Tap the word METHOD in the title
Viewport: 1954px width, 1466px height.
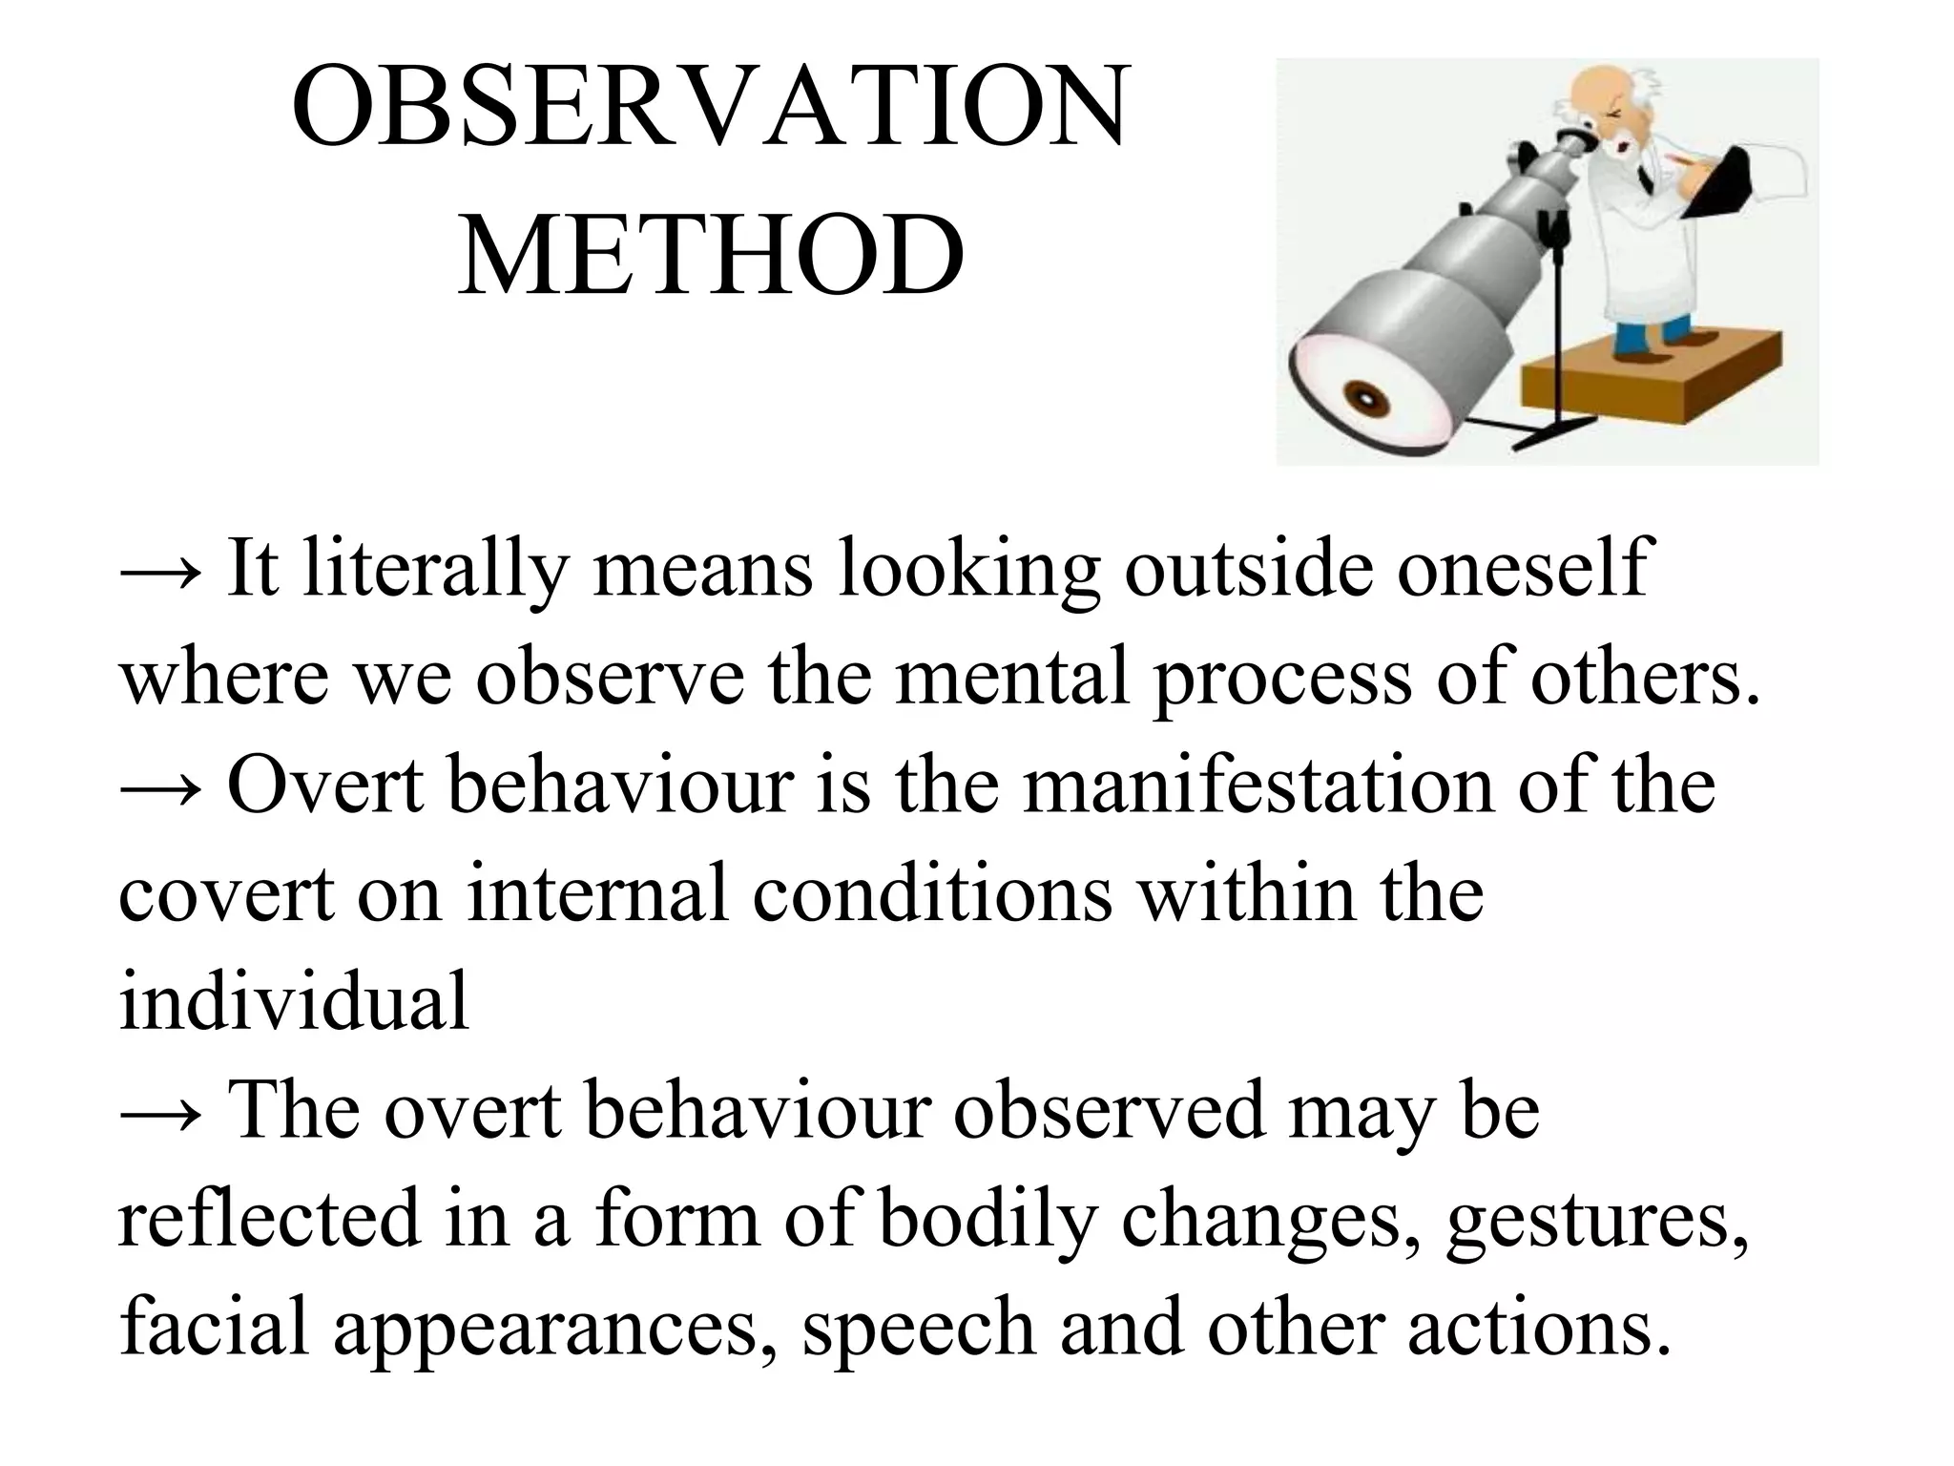(x=711, y=256)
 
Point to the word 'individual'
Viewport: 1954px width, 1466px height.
(x=294, y=1002)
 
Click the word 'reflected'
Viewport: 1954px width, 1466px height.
(x=269, y=1219)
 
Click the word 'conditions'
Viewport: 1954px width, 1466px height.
(x=931, y=894)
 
